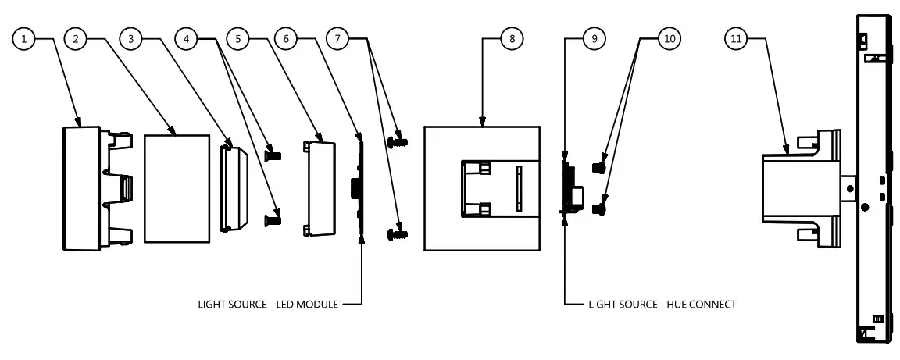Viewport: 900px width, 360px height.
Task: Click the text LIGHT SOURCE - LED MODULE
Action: (268, 304)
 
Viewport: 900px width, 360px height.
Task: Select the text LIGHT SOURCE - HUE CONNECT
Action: (662, 304)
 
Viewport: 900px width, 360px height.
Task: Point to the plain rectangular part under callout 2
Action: (178, 187)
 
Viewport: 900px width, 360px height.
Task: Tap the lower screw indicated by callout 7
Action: (398, 233)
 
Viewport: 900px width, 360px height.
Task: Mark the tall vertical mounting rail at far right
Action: (873, 180)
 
